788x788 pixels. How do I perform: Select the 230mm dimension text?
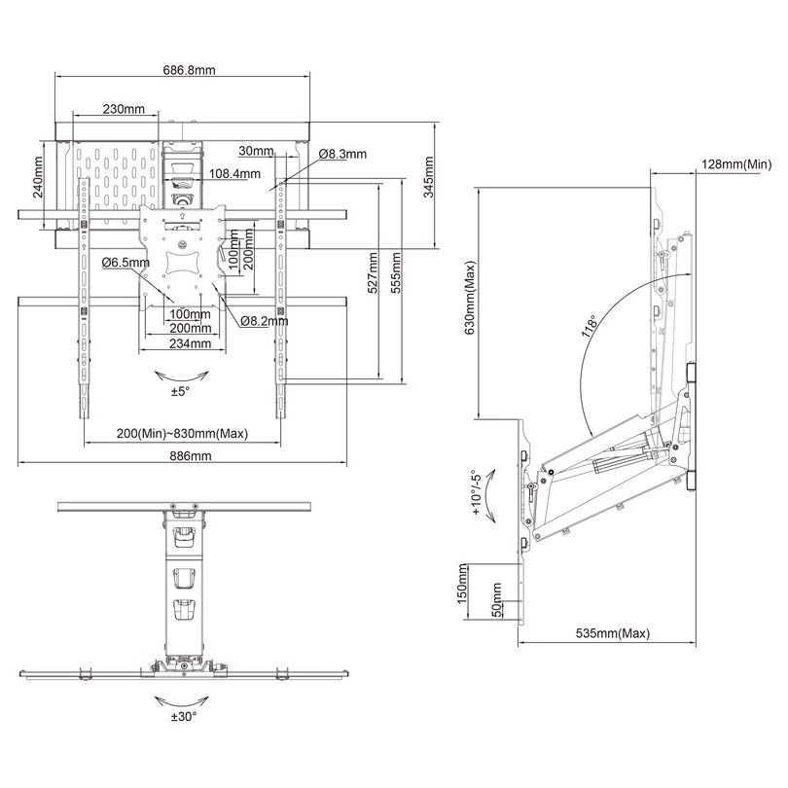(x=124, y=109)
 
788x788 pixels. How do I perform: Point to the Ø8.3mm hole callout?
(x=341, y=154)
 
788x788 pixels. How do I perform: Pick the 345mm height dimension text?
(x=429, y=176)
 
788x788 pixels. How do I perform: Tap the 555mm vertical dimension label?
(x=396, y=275)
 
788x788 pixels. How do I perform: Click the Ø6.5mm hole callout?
(x=125, y=263)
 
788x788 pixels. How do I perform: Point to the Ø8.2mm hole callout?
(x=264, y=320)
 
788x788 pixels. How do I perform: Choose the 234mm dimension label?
(x=190, y=343)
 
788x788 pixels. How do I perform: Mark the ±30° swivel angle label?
(x=183, y=716)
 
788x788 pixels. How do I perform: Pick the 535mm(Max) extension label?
(x=612, y=633)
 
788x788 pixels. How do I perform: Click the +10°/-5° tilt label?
(x=478, y=499)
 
